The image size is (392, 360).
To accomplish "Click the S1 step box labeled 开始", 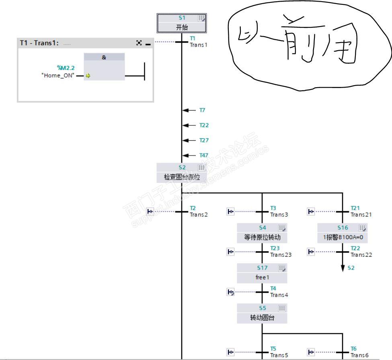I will [x=181, y=23].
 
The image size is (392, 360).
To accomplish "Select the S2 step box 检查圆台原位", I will [x=181, y=172].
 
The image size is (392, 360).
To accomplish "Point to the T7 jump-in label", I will [x=203, y=110].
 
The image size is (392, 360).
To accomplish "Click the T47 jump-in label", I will [x=204, y=155].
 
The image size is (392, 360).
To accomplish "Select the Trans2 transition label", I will [x=199, y=215].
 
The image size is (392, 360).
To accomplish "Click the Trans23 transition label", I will [x=280, y=255].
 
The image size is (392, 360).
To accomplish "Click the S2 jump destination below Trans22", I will [x=351, y=268].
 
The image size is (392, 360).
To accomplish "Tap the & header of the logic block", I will [x=104, y=57].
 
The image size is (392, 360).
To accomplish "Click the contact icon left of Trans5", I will [x=231, y=352].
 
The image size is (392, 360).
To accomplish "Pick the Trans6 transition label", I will [x=359, y=355].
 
